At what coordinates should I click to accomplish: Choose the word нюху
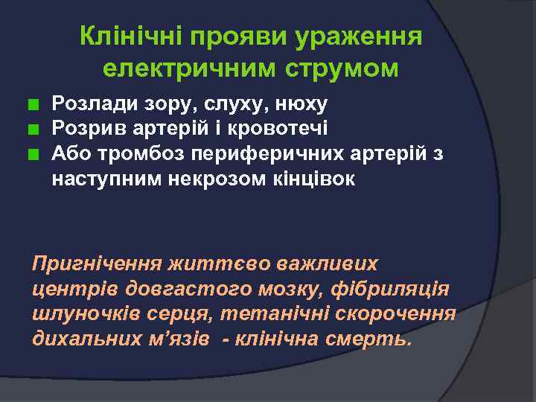click(297, 102)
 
